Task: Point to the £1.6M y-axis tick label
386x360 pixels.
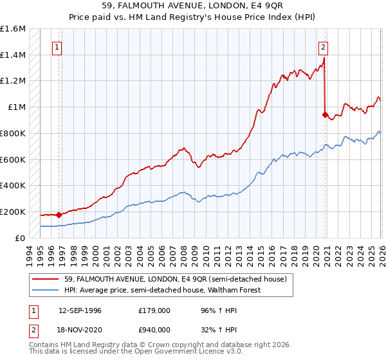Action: pyautogui.click(x=13, y=29)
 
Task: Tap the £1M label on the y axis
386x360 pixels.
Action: pyautogui.click(x=17, y=107)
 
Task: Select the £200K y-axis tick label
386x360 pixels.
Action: pyautogui.click(x=13, y=212)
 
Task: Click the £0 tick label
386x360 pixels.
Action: pyautogui.click(x=21, y=238)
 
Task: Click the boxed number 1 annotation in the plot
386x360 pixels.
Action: pyautogui.click(x=58, y=46)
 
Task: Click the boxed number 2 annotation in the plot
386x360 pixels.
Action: pyautogui.click(x=322, y=46)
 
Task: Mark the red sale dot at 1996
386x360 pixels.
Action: pyautogui.click(x=59, y=215)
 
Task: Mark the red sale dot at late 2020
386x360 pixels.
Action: pyautogui.click(x=325, y=115)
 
